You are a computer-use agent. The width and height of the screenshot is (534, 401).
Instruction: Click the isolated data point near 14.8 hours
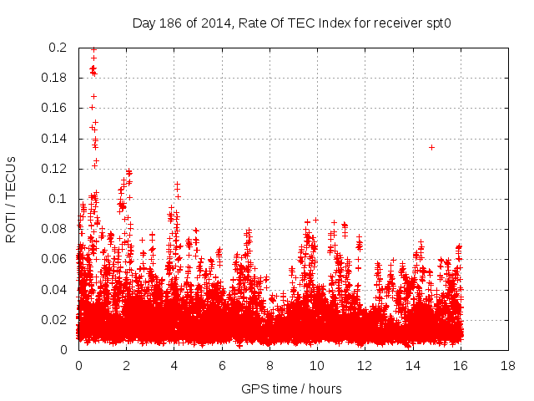coord(431,147)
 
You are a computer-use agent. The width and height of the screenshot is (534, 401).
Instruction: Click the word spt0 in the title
coord(436,23)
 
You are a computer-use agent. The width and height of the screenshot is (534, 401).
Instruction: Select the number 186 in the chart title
coord(170,23)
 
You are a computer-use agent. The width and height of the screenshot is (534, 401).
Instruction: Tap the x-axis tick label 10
coord(318,366)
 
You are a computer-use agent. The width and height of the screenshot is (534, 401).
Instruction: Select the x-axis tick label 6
coord(222,366)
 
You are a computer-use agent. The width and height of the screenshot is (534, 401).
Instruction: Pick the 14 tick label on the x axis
coord(413,366)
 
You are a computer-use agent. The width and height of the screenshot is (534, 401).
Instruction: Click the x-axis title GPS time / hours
coord(291,388)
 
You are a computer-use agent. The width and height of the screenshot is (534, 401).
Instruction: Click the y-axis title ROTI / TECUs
coord(11,199)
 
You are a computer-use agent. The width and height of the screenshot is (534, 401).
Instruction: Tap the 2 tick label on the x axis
coord(126,366)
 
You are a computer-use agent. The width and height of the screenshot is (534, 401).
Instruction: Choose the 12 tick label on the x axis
coord(365,366)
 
